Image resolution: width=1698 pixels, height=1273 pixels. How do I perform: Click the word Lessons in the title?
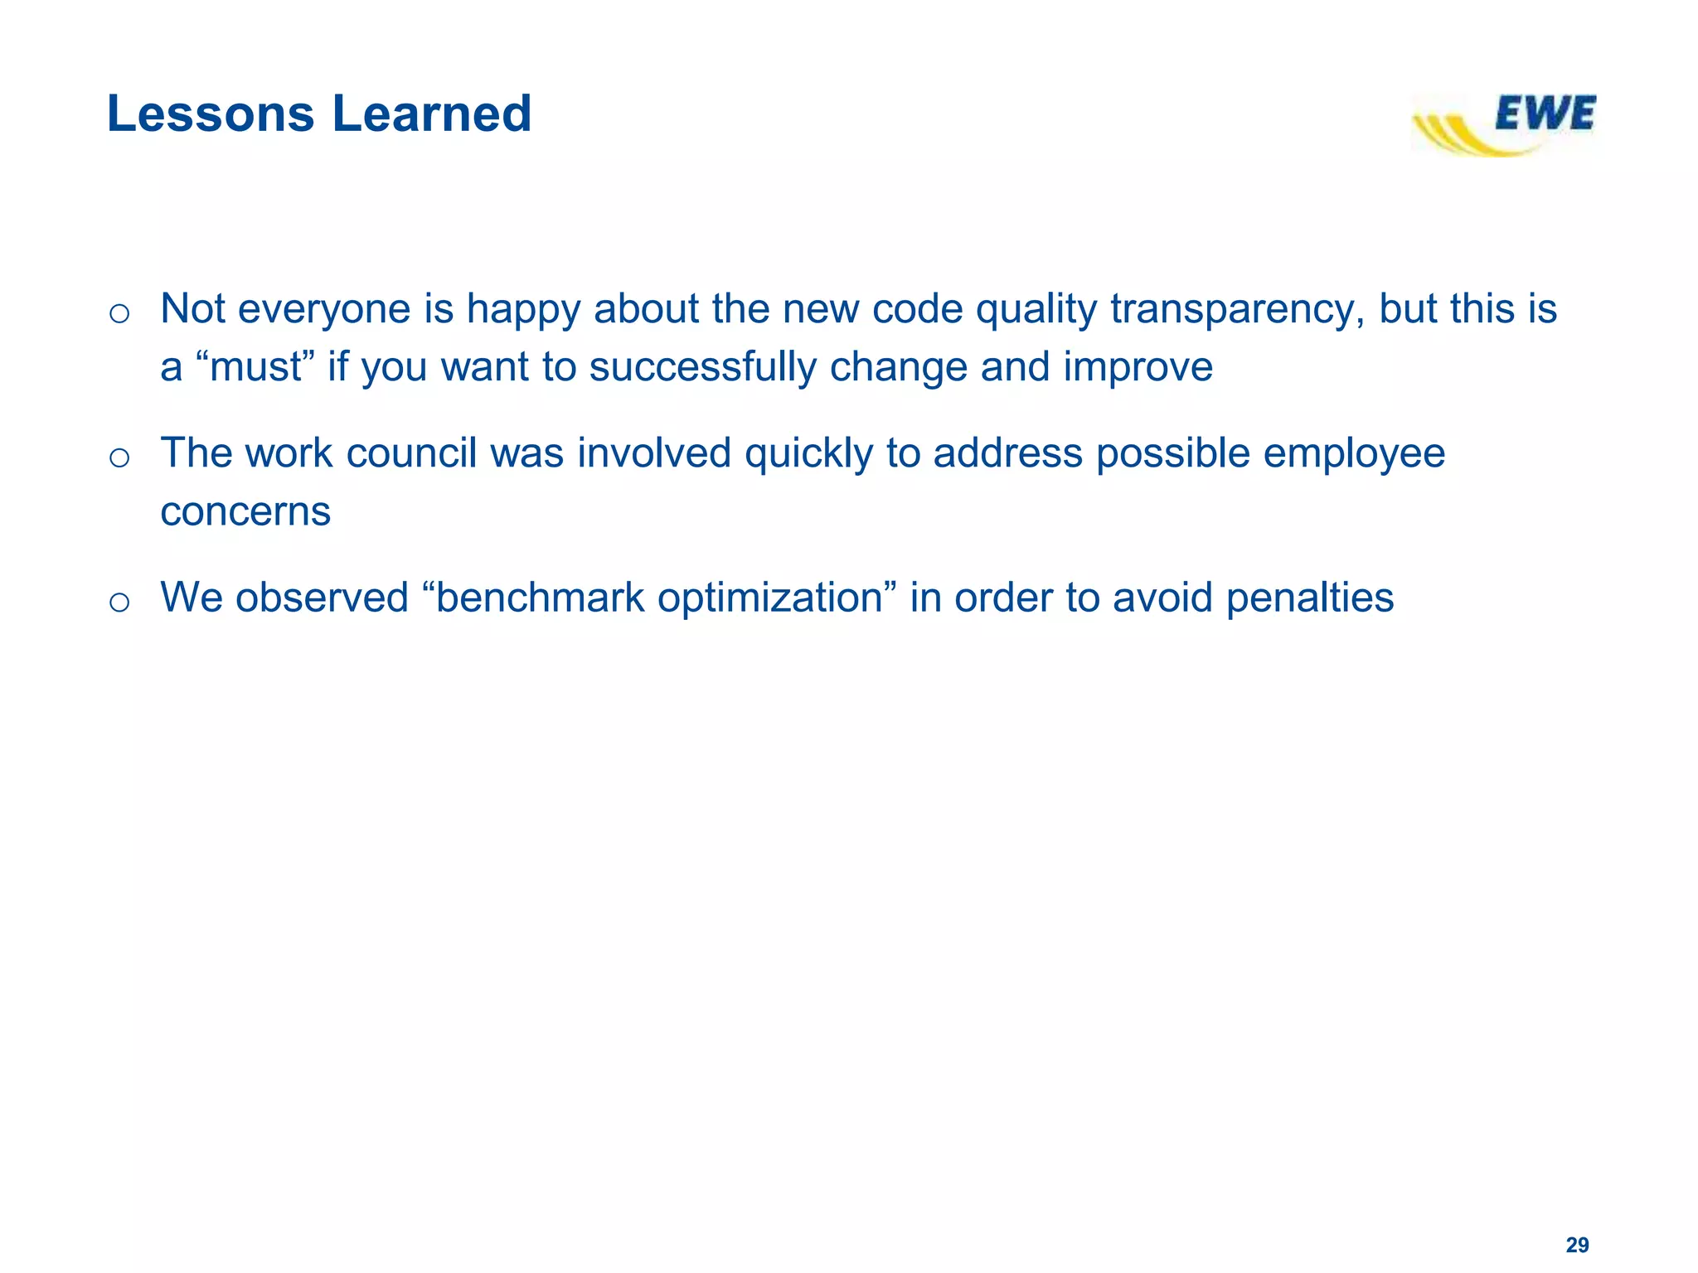click(x=211, y=114)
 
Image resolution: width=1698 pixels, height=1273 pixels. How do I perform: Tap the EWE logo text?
click(x=1545, y=114)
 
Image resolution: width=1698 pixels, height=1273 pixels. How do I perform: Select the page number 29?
click(x=1577, y=1245)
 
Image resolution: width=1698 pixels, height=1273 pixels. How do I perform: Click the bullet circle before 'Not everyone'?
click(x=119, y=313)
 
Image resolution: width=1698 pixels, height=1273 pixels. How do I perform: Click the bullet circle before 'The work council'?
click(x=119, y=457)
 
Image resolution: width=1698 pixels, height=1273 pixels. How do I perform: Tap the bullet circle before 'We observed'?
click(x=119, y=602)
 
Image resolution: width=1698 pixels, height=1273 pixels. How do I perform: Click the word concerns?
click(x=245, y=512)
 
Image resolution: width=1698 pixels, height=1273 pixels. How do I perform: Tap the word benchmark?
click(x=540, y=598)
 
